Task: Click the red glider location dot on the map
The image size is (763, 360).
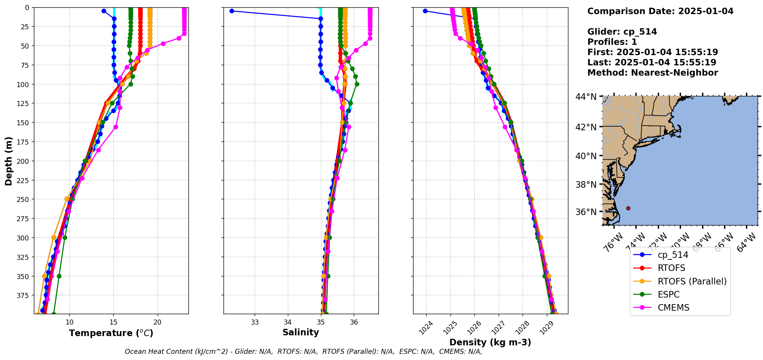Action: click(628, 208)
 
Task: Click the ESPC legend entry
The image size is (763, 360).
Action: click(669, 294)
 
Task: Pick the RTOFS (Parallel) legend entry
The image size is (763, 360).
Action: click(692, 281)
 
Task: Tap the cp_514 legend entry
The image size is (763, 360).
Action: click(672, 255)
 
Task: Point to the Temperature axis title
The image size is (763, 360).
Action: click(111, 333)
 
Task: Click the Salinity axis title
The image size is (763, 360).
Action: click(301, 332)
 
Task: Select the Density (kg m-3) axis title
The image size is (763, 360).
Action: click(490, 342)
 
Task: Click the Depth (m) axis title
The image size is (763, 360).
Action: click(8, 161)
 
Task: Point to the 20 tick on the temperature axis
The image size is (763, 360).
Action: click(157, 322)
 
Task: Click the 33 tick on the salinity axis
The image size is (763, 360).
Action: click(255, 322)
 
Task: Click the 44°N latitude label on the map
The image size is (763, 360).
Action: click(586, 96)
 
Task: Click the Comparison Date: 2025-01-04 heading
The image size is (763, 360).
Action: click(660, 11)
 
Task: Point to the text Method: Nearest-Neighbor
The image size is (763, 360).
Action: click(652, 73)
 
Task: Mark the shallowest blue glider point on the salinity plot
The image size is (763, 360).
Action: click(232, 11)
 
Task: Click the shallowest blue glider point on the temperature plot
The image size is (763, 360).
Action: click(104, 11)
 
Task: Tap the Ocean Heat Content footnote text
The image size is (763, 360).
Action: click(303, 352)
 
